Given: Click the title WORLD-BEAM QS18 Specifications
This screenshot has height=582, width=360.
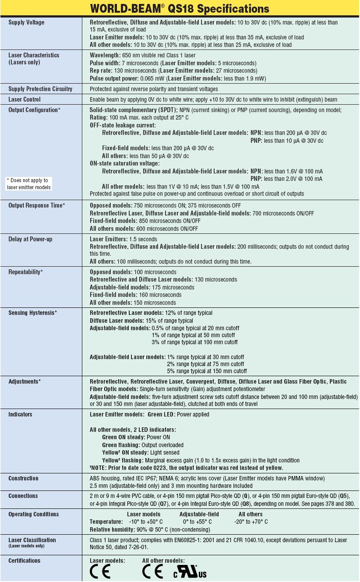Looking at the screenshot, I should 180,9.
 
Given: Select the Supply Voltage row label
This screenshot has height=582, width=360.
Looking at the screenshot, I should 26,22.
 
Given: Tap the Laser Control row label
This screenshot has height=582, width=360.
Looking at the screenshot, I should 25,99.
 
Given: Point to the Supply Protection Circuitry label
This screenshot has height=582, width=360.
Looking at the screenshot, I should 40,89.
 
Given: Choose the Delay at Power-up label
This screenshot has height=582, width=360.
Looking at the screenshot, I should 30,239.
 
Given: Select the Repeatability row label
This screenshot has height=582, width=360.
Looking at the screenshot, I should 26,272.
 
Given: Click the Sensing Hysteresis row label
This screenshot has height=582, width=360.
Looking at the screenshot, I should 33,313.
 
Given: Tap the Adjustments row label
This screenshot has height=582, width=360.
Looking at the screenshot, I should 25,381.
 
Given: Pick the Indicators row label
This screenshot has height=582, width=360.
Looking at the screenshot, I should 20,414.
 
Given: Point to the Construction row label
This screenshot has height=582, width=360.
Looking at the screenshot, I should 23,478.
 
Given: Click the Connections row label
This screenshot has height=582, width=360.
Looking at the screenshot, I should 23,496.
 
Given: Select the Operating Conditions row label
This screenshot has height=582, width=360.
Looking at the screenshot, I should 33,514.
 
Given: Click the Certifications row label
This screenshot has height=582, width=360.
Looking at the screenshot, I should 25,561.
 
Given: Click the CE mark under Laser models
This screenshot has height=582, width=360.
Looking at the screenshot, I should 100,571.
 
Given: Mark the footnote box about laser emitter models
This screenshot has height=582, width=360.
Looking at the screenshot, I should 29,184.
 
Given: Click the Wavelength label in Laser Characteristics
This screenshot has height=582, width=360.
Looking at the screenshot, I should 105,55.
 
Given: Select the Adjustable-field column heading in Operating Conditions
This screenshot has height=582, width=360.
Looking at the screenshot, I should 199,514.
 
